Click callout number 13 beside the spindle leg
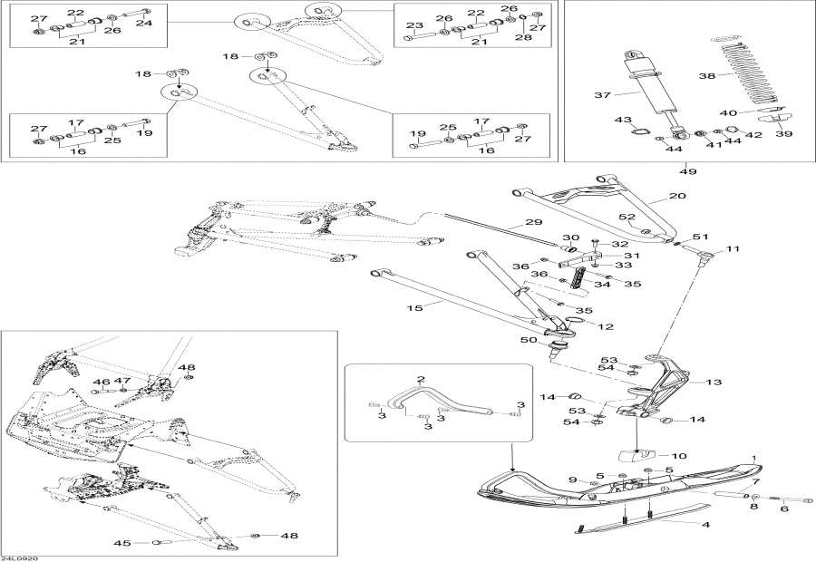(x=714, y=383)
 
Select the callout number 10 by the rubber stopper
(x=677, y=455)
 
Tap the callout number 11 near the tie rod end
(x=733, y=248)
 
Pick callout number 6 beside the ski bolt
(x=784, y=508)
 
